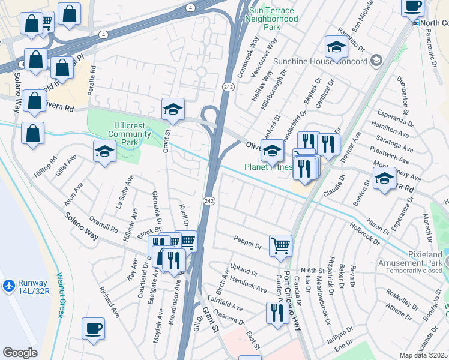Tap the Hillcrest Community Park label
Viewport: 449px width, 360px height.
pyautogui.click(x=124, y=130)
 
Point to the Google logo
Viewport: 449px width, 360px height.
pyautogui.click(x=20, y=353)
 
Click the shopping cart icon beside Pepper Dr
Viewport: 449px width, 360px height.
pyautogui.click(x=280, y=245)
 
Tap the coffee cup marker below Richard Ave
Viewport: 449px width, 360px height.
pyautogui.click(x=93, y=329)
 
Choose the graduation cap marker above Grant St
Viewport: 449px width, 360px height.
pyautogui.click(x=173, y=109)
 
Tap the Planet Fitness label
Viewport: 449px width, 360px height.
pyautogui.click(x=268, y=167)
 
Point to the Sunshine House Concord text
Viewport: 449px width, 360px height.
pyautogui.click(x=320, y=61)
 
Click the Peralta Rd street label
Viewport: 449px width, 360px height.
pyautogui.click(x=93, y=76)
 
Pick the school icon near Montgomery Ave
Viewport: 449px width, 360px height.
pyautogui.click(x=384, y=178)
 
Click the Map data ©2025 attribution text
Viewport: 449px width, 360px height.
pyautogui.click(x=424, y=355)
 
